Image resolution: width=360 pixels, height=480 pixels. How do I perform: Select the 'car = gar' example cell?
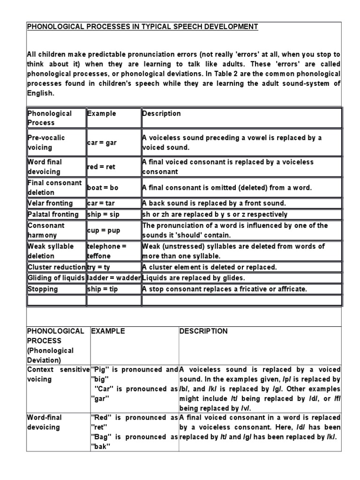pos(102,142)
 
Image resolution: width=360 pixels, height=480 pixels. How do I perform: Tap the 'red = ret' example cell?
pos(101,167)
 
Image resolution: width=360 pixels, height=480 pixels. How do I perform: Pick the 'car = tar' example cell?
pos(101,203)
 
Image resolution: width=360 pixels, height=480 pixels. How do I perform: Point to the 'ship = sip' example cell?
pos(103,214)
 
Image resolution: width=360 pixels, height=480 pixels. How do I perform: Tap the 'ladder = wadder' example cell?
pos(114,278)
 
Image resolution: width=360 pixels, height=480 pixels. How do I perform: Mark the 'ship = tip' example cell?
pos(102,289)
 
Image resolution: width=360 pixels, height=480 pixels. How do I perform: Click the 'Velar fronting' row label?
pos(50,203)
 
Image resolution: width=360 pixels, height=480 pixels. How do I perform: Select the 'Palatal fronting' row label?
pos(53,214)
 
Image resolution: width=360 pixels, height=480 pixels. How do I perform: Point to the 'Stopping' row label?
pos(43,289)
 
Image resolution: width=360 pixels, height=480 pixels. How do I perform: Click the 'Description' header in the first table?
pos(162,113)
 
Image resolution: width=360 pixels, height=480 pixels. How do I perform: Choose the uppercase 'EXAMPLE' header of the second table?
pos(108,331)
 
